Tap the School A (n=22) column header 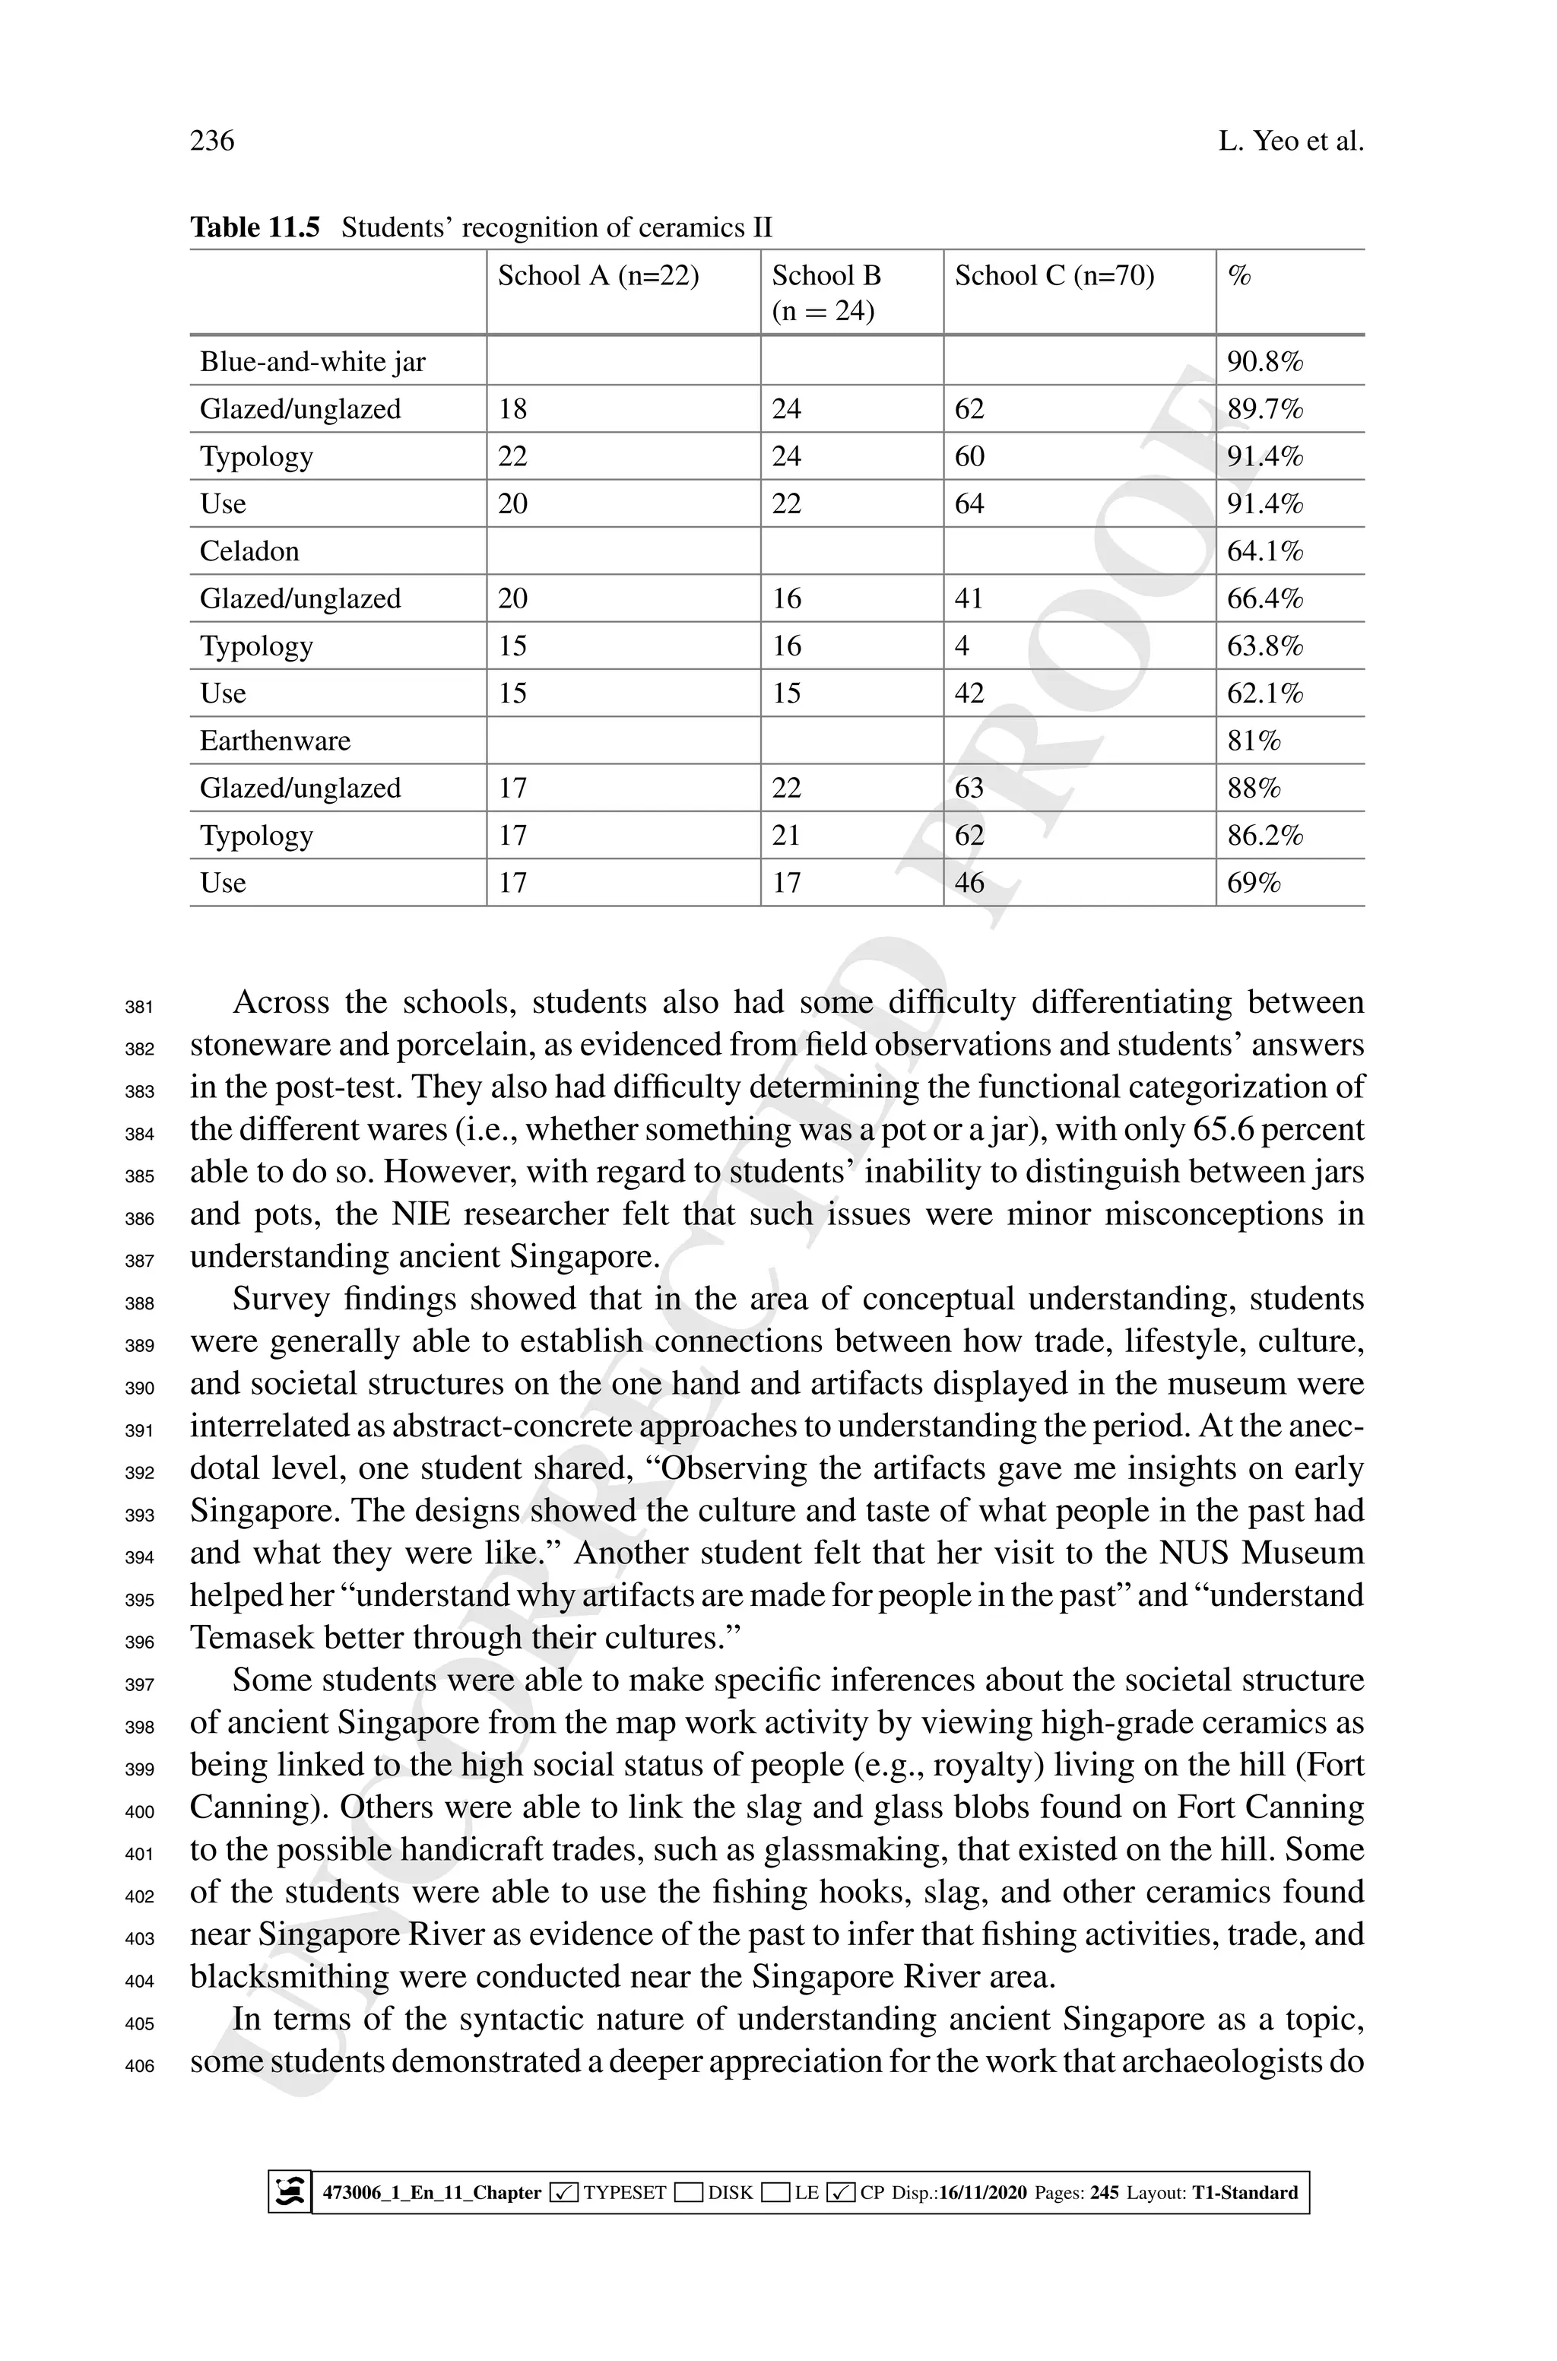[x=598, y=275]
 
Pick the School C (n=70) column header [x=1054, y=275]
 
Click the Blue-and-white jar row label [x=312, y=361]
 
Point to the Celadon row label [x=249, y=551]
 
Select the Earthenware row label [x=275, y=741]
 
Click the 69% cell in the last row [x=1253, y=883]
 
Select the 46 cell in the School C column [x=969, y=883]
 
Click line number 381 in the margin [x=140, y=1007]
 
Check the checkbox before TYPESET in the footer [x=563, y=2192]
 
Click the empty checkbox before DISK [x=688, y=2192]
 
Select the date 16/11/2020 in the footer [x=982, y=2192]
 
